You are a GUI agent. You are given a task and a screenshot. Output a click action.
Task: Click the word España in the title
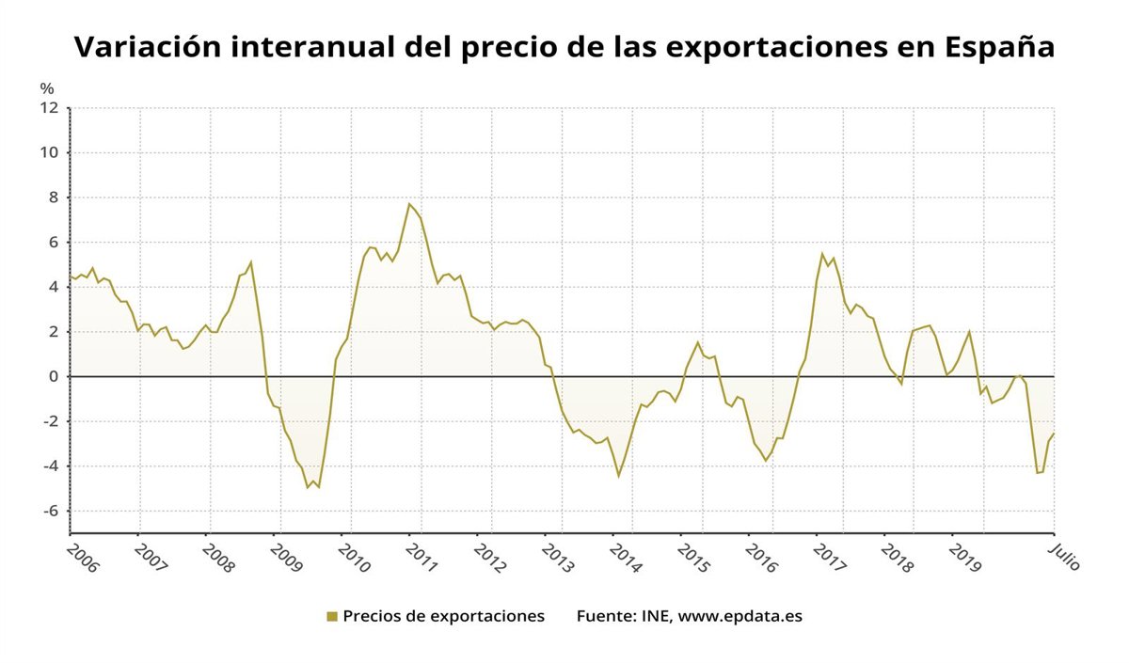998,48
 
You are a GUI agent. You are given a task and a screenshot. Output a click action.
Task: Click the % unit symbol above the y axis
47,88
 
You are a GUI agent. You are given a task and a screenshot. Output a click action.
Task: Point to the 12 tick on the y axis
50,108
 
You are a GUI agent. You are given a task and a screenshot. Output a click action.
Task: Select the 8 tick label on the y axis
53,197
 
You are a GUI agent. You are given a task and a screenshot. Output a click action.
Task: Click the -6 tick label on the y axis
50,511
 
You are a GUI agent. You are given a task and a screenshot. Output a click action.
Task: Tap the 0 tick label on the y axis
53,376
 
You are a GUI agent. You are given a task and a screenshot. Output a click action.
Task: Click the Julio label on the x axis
1064,556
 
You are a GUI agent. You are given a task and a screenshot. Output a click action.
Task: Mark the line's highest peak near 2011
409,204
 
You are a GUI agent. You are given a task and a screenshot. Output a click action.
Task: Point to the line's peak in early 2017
822,254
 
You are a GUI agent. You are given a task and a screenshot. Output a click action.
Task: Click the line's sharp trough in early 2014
618,475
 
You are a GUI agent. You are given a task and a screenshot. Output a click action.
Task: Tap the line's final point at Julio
1054,433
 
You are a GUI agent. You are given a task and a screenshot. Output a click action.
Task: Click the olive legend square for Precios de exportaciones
331,617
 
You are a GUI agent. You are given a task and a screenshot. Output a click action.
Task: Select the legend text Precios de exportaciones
443,617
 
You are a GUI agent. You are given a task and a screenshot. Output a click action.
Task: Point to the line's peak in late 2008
251,261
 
